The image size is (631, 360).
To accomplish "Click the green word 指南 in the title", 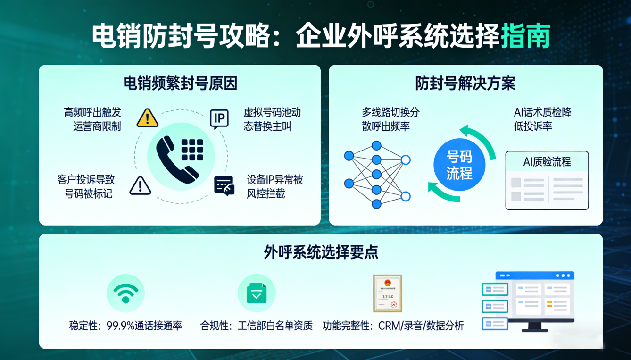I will [x=525, y=36].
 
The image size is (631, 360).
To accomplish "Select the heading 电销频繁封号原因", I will [x=180, y=84].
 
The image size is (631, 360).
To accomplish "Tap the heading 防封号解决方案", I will [x=465, y=84].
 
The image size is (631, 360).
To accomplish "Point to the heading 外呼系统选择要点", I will [x=321, y=252].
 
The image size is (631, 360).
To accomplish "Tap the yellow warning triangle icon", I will [x=147, y=118].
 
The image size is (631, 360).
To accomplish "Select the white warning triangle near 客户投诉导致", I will [x=140, y=185].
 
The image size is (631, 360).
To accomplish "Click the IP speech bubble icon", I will [x=219, y=119].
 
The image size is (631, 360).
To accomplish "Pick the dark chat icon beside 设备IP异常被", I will [x=224, y=185].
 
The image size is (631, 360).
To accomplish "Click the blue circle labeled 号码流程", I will [x=459, y=165].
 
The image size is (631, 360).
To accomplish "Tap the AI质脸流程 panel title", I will [x=547, y=161].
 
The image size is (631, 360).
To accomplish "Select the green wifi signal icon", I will [x=125, y=293].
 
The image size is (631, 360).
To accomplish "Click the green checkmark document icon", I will [x=256, y=293].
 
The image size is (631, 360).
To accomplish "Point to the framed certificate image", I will [x=387, y=293].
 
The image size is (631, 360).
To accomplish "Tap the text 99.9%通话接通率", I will [x=144, y=326].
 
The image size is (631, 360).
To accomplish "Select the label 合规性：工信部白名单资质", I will [x=257, y=326].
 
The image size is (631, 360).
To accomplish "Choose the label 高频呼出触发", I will [x=93, y=112].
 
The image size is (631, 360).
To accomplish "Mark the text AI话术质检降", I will [x=542, y=112].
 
